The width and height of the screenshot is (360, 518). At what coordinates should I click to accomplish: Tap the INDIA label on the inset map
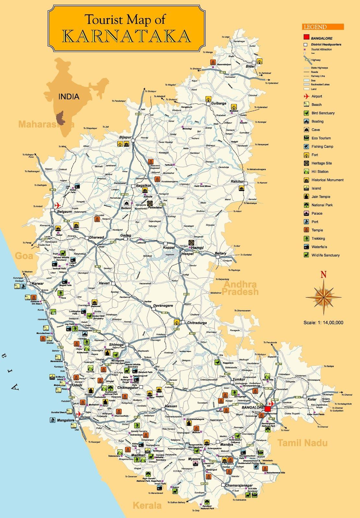(69, 96)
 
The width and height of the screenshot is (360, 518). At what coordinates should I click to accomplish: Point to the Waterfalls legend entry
(319, 247)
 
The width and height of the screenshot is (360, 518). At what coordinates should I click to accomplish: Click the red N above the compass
(323, 275)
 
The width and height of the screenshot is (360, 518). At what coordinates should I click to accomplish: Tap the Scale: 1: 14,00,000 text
(323, 322)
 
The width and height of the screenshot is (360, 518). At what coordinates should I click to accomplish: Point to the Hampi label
(197, 248)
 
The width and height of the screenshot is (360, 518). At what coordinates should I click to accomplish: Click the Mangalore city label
(66, 420)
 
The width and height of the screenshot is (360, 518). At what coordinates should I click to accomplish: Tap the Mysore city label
(194, 459)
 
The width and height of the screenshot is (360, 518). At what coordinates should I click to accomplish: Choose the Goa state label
(24, 256)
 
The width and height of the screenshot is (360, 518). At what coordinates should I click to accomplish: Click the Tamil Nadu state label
(302, 443)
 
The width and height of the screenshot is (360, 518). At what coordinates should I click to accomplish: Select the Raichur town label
(237, 181)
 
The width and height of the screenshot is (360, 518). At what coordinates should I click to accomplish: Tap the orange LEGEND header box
(323, 27)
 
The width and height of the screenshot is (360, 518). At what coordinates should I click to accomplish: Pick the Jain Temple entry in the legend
(321, 197)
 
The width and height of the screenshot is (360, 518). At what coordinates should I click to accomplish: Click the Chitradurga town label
(196, 323)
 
